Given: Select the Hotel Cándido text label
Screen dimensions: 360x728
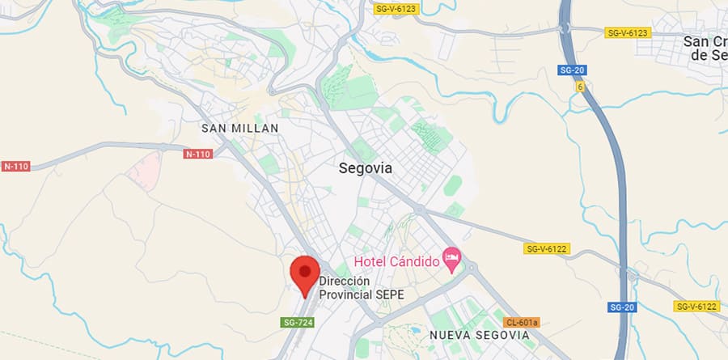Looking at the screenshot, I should pos(397,261).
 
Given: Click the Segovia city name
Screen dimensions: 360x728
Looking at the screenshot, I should pos(364,168).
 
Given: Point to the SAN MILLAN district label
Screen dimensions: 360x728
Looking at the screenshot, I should pos(239,128).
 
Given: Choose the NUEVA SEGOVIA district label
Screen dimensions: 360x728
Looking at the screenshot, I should pos(480,334).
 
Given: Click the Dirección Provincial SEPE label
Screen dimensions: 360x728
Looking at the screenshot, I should pos(361,288).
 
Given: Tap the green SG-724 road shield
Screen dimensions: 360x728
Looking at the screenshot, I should pos(297,322).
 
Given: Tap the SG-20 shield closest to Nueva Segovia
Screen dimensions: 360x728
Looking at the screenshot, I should pos(621,307).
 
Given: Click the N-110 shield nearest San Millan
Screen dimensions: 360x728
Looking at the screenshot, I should pos(197,154).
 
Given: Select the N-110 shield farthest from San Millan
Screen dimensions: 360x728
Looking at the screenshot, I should pos(15,167).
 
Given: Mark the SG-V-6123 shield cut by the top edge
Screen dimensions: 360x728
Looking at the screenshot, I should pos(396,8).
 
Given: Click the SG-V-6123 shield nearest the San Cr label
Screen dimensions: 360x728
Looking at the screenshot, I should pos(628,32).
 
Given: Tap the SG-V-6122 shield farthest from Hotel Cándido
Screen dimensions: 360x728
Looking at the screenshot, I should pos(696,306).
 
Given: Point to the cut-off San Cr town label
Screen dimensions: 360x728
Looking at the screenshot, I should pos(705,48).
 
